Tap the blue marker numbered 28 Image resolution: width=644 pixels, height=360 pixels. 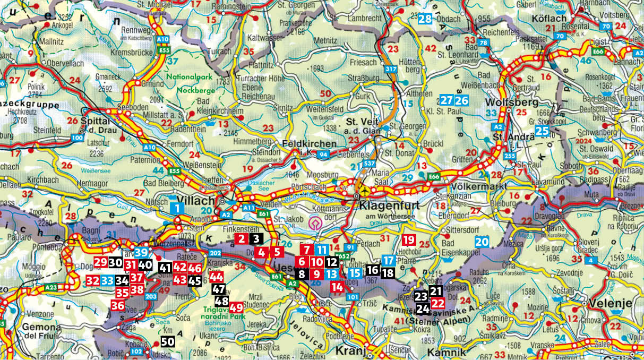click(x=425, y=19)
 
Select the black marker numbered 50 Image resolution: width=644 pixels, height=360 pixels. click(x=167, y=341)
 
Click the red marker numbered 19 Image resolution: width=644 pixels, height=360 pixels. click(x=409, y=239)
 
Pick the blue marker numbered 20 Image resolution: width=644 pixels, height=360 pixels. click(x=482, y=241)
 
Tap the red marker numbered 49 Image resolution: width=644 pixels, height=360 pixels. click(x=236, y=307)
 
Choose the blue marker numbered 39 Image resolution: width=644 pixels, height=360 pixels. click(x=141, y=253)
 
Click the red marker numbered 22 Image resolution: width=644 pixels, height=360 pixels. click(x=438, y=303)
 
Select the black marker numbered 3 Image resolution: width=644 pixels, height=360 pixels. click(x=256, y=239)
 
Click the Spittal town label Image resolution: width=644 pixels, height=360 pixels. click(x=96, y=106)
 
